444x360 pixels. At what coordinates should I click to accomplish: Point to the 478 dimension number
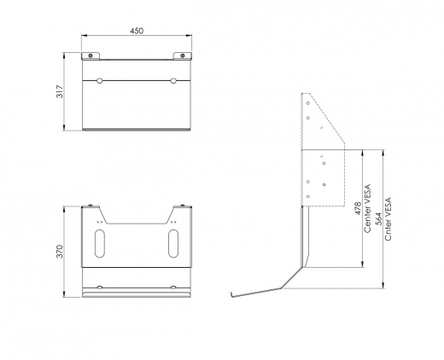pyautogui.click(x=358, y=209)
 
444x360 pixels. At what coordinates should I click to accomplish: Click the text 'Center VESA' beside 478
pyautogui.click(x=367, y=209)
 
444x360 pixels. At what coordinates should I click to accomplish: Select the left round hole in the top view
pyautogui.click(x=101, y=82)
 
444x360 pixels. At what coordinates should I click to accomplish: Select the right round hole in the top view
pyautogui.click(x=172, y=82)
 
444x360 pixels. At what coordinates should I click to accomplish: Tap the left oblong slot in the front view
pyautogui.click(x=101, y=245)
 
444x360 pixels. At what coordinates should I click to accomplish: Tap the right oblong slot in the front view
pyautogui.click(x=172, y=245)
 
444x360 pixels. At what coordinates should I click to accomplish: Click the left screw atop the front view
pyautogui.click(x=92, y=205)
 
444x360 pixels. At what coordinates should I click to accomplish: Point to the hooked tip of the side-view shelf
pyautogui.click(x=231, y=295)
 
